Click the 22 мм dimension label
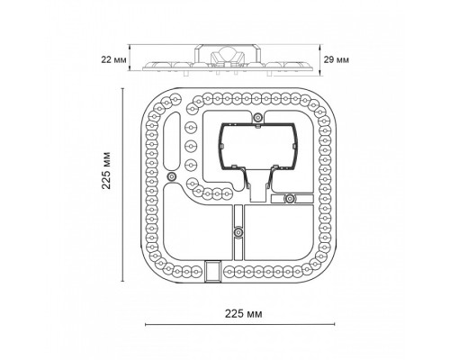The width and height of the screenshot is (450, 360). pyautogui.click(x=113, y=59)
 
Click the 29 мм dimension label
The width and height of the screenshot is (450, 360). pyautogui.click(x=337, y=59)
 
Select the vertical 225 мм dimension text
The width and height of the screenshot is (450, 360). pyautogui.click(x=106, y=170)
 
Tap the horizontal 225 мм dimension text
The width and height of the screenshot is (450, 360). pyautogui.click(x=244, y=314)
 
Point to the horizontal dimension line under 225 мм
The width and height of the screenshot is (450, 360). pyautogui.click(x=240, y=324)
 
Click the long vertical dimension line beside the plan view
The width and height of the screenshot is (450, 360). pyautogui.click(x=122, y=184)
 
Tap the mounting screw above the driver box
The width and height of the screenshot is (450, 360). pyautogui.click(x=257, y=117)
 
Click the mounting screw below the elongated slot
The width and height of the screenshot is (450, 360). pyautogui.click(x=171, y=176)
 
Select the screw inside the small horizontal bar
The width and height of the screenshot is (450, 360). pyautogui.click(x=290, y=198)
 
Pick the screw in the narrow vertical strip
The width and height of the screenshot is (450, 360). pyautogui.click(x=238, y=232)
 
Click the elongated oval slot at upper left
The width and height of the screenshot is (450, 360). pyautogui.click(x=172, y=141)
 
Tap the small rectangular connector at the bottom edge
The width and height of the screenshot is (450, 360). pyautogui.click(x=212, y=271)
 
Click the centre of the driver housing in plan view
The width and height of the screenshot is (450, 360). pyautogui.click(x=258, y=146)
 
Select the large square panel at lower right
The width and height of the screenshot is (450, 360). pyautogui.click(x=279, y=233)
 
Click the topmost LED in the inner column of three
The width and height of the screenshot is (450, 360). pyautogui.click(x=191, y=128)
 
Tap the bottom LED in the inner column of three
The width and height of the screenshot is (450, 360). pyautogui.click(x=191, y=165)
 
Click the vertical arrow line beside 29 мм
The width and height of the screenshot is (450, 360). pyautogui.click(x=320, y=59)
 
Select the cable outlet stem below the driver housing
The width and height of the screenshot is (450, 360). pyautogui.click(x=258, y=186)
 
